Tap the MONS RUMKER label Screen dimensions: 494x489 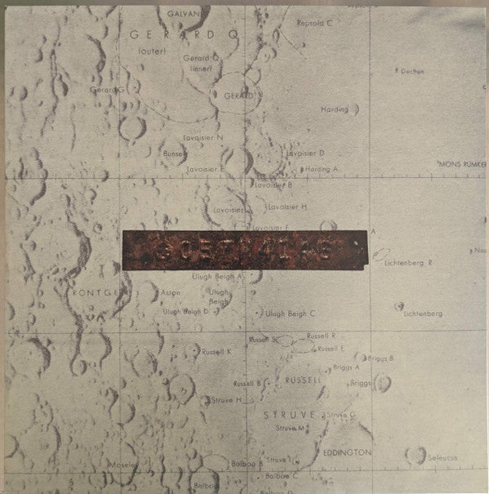click(462, 164)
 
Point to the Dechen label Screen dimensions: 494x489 click(411, 71)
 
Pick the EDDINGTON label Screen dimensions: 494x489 click(350, 452)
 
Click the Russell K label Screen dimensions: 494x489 click(218, 351)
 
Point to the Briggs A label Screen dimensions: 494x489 click(347, 368)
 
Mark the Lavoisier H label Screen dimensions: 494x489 click(287, 207)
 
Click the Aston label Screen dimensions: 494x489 click(170, 292)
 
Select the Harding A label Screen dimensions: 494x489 click(322, 168)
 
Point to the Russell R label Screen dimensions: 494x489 click(322, 336)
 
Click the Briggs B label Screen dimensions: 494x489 click(380, 358)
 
